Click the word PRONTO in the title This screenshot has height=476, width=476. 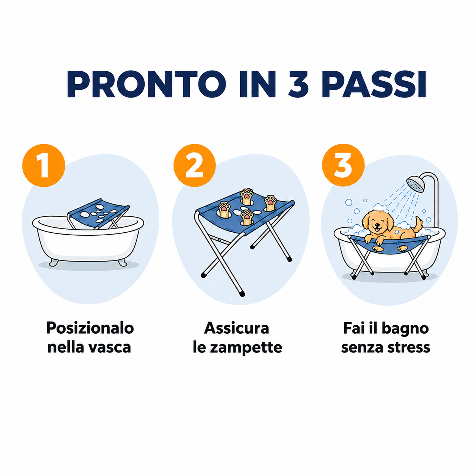[146, 84]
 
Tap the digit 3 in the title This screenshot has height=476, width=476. [298, 84]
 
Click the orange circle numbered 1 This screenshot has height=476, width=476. [44, 165]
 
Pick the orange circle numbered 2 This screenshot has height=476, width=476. [194, 165]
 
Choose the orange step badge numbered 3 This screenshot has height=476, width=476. [343, 165]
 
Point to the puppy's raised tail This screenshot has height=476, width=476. [418, 224]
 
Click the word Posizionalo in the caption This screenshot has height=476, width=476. [90, 328]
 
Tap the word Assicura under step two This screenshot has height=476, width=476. [236, 328]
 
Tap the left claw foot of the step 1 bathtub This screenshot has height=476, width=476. [54, 262]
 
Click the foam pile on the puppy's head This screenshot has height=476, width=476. [381, 208]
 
